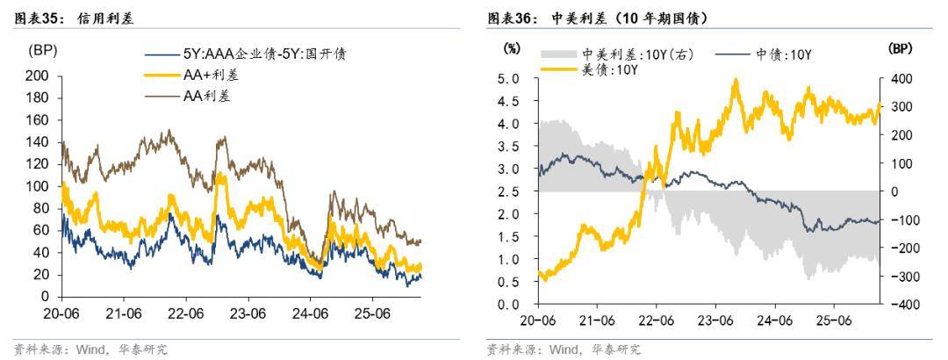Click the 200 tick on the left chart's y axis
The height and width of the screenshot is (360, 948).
[38, 76]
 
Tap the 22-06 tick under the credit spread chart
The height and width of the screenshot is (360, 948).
[186, 313]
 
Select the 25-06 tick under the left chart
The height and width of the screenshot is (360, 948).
[371, 313]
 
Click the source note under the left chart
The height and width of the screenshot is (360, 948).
[91, 349]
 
